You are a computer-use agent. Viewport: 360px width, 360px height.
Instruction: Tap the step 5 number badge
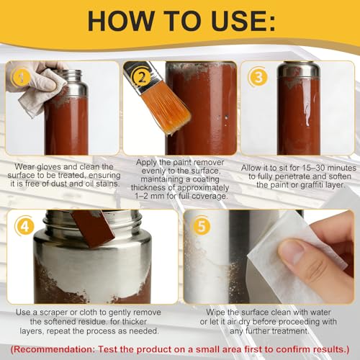(x=202, y=226)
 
